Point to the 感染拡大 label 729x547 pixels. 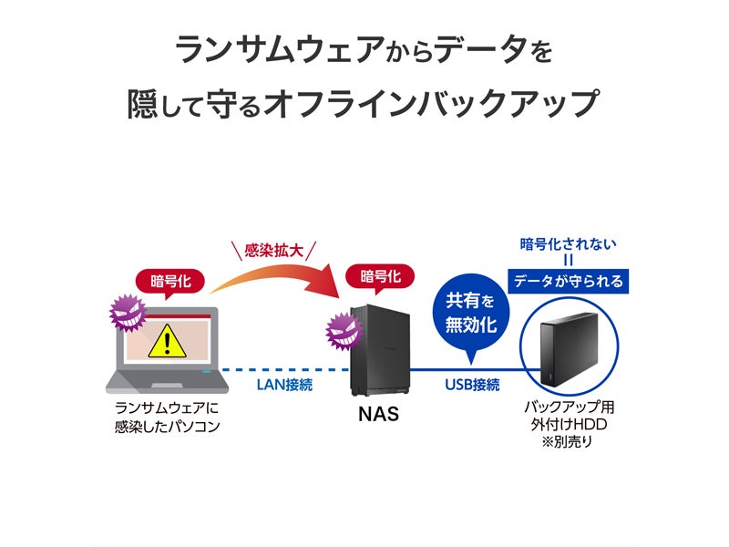(x=274, y=249)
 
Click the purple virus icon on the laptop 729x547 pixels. (x=127, y=314)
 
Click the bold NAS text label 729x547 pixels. (x=377, y=416)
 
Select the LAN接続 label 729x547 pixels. (x=285, y=386)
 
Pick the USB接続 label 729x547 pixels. (x=472, y=386)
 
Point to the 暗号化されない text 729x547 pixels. (x=568, y=243)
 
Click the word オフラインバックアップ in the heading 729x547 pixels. (x=429, y=104)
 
